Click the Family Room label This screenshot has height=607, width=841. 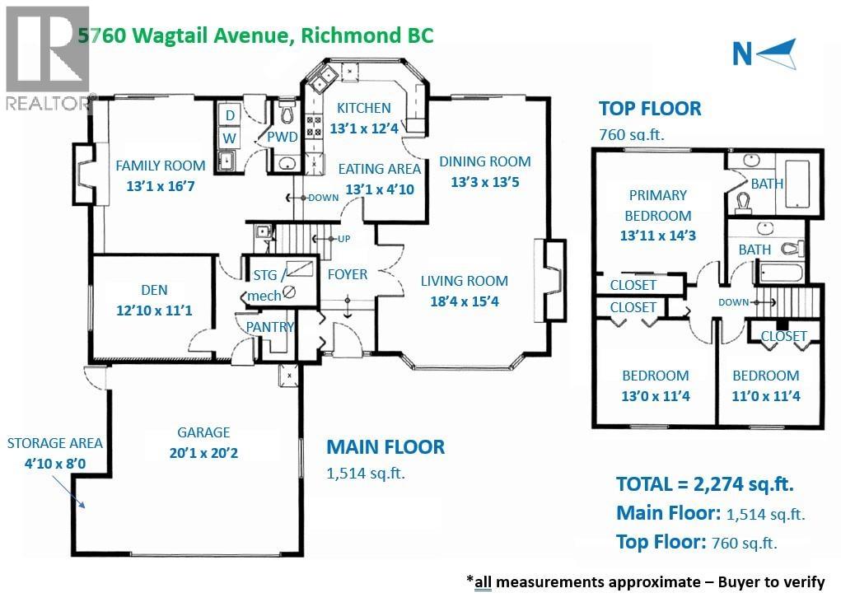coord(160,165)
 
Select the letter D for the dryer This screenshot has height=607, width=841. coord(230,114)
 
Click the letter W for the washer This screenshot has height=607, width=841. coord(230,136)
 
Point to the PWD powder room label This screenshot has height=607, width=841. coord(282,137)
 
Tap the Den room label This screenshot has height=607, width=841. coord(154,290)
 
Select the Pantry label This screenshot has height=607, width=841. coord(270,327)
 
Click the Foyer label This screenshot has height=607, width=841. coord(347,274)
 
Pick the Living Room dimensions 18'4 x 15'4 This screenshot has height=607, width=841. coord(465,301)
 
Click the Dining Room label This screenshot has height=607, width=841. coord(484,161)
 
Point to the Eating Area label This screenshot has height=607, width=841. coord(380,169)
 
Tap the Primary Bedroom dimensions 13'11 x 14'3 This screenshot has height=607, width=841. coord(657,235)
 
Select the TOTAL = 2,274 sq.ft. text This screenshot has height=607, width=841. coord(704,484)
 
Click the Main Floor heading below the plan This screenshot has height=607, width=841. coord(385,447)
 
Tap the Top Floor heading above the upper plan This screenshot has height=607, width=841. coord(650,109)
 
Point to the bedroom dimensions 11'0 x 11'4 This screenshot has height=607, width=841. coord(766,396)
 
